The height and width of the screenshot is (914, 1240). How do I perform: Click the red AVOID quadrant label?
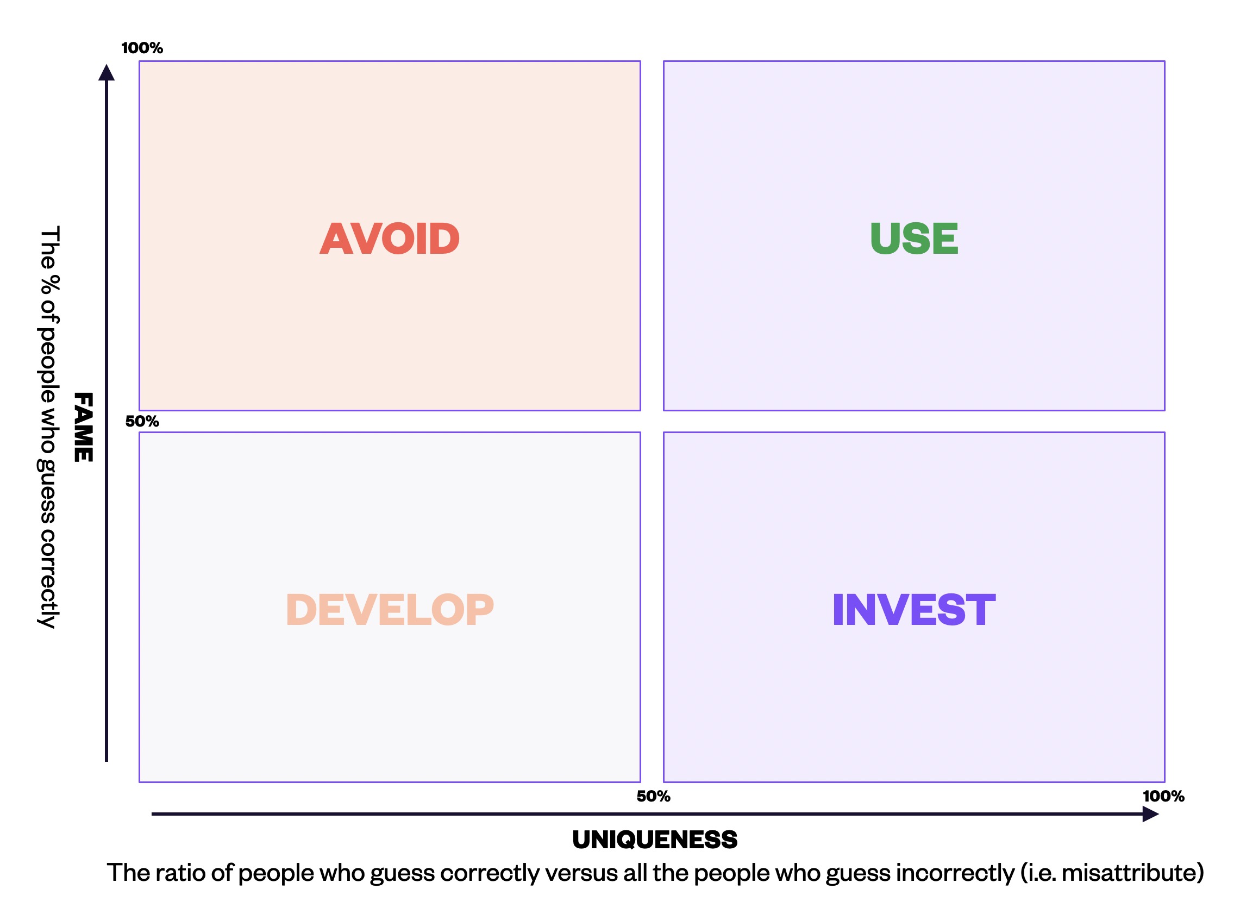click(389, 239)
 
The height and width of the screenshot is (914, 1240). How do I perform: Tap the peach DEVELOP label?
click(389, 610)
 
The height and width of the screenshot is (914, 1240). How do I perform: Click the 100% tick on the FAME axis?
click(142, 48)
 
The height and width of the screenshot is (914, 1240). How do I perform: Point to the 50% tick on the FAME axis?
click(142, 422)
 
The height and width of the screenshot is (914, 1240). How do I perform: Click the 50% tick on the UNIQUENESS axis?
click(653, 796)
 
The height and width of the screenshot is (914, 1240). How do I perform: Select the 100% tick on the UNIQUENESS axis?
click(1163, 796)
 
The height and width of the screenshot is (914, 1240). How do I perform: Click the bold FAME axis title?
click(84, 427)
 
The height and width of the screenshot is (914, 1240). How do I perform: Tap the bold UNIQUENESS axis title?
click(655, 840)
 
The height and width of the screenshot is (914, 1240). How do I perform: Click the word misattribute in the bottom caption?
click(1129, 873)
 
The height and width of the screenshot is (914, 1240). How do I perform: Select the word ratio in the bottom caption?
click(180, 873)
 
